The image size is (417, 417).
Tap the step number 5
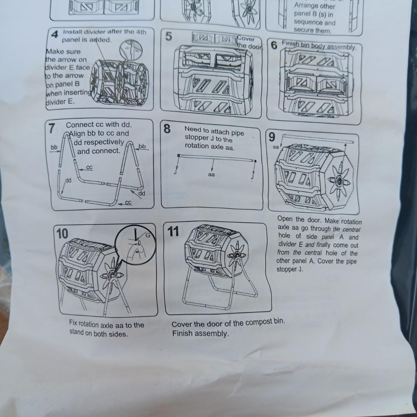click(x=169, y=36)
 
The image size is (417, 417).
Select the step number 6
click(x=274, y=46)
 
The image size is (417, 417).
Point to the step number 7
click(x=52, y=129)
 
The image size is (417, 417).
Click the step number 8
click(x=167, y=129)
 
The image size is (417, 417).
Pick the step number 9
click(x=272, y=137)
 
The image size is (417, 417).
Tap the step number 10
click(x=62, y=234)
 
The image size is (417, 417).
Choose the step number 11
click(x=173, y=232)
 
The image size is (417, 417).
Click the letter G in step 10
click(x=148, y=235)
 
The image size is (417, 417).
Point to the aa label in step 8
click(x=211, y=174)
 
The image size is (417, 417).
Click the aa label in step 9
click(x=276, y=147)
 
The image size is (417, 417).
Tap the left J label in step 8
click(x=175, y=172)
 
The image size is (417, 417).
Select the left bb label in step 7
click(x=54, y=147)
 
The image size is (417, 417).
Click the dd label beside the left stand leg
click(x=68, y=180)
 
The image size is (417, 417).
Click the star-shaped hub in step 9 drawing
click(x=339, y=180)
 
